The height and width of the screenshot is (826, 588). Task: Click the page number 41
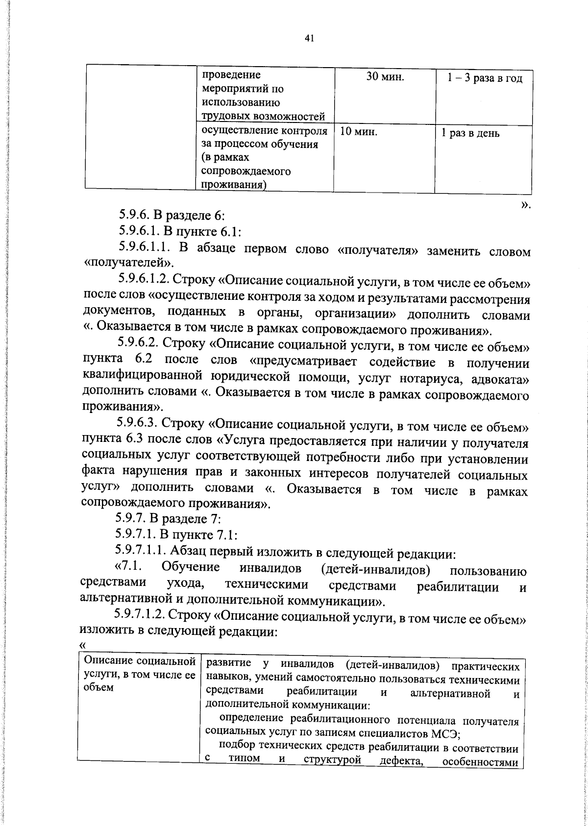(x=308, y=39)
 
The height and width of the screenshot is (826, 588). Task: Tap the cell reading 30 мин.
(x=385, y=77)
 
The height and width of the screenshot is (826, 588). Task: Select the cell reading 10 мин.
(x=358, y=132)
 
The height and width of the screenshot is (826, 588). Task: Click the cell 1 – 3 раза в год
(x=484, y=79)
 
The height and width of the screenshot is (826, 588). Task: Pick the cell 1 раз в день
(x=470, y=133)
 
